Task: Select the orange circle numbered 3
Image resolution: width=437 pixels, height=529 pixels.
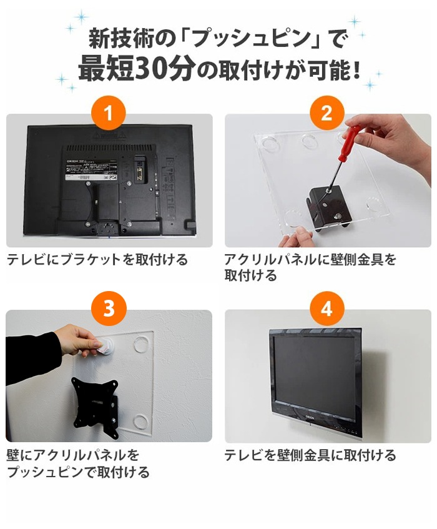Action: (109, 309)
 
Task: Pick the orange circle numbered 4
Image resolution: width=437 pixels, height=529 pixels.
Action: (327, 309)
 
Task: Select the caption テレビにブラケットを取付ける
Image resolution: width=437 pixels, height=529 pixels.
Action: (97, 260)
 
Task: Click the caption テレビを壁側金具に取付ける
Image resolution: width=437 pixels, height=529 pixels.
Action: (310, 455)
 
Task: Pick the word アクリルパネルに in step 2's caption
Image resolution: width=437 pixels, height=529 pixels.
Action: (277, 260)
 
